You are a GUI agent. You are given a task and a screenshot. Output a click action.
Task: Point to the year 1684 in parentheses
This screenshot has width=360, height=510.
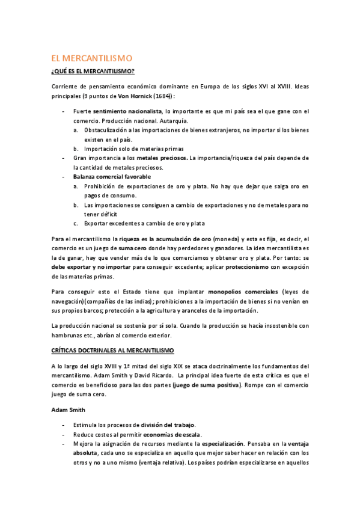(160, 96)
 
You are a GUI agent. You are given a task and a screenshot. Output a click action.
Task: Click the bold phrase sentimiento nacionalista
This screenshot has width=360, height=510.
(127, 111)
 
